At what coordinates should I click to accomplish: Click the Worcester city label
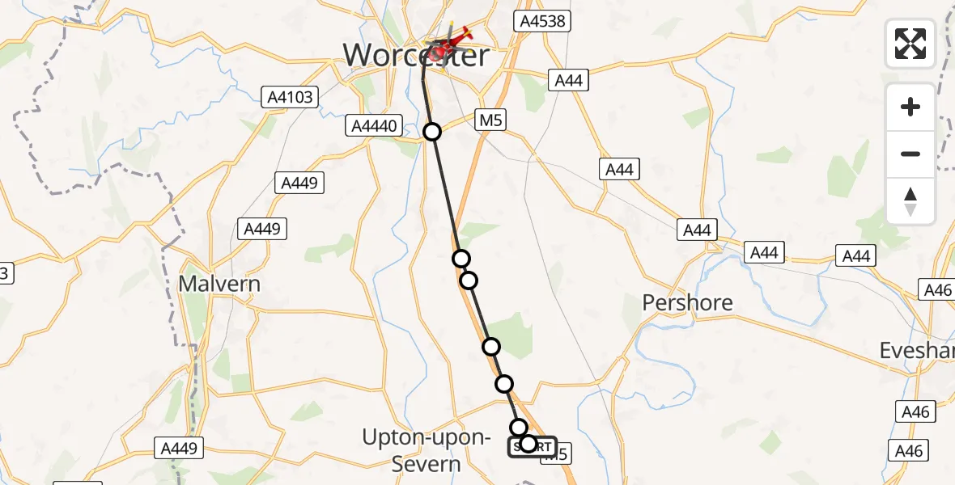416,56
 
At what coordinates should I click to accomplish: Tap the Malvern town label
220,285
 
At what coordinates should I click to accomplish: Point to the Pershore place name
687,303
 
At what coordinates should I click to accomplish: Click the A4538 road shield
545,21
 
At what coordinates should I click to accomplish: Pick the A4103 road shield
291,98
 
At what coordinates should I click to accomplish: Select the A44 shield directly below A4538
568,80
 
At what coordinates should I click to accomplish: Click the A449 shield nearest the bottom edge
180,448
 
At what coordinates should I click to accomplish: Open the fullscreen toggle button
910,43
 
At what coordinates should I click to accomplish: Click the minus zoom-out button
910,154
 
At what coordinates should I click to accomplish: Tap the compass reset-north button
910,200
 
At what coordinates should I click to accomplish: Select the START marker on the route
532,446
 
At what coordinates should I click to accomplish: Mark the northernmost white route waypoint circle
432,132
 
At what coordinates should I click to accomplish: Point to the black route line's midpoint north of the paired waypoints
447,195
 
